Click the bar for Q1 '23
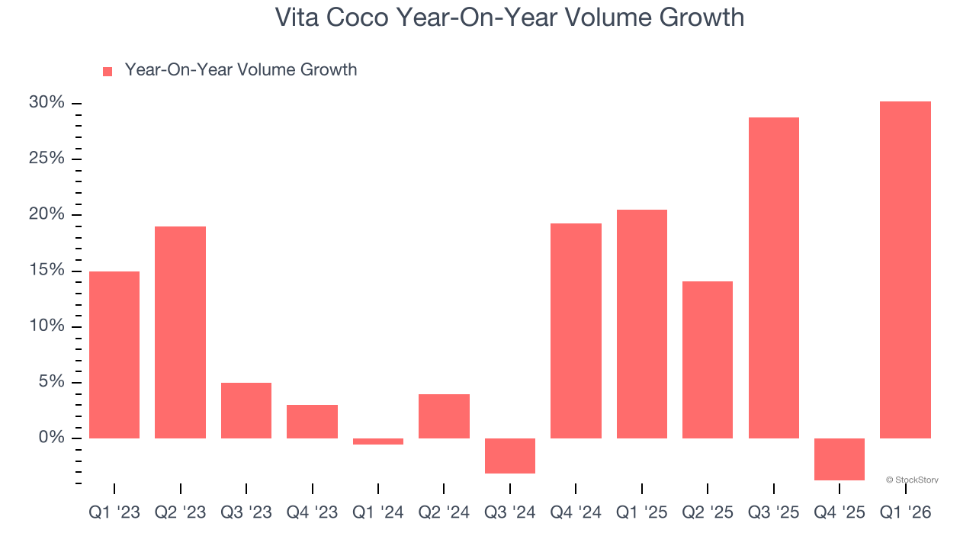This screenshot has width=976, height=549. coord(114,355)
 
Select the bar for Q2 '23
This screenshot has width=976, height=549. coord(180,332)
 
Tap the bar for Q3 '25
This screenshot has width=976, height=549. coord(773,278)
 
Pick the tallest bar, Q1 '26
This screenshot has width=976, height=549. coord(905,270)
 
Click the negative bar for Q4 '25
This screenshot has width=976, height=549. coord(840,459)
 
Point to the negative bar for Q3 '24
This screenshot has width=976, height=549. coord(509,456)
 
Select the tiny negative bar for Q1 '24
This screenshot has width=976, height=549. coord(377,441)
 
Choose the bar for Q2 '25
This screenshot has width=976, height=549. coord(708,360)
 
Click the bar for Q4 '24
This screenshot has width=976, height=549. coord(576,331)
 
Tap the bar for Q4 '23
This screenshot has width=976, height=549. coord(312,422)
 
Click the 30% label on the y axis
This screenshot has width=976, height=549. coord(46,103)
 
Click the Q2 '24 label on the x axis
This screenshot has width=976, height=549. coord(444,513)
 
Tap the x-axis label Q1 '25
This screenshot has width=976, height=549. coord(641,513)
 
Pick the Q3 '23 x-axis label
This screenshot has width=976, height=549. coord(246,513)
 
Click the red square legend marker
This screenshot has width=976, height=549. coord(108,71)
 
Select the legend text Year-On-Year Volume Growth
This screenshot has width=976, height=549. coord(241,70)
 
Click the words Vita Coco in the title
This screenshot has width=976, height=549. coord(332,17)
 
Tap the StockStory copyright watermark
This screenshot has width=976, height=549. coord(912,480)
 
